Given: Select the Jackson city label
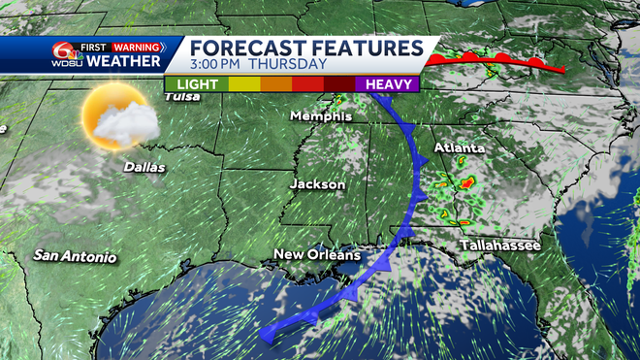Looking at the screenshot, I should coord(317,183).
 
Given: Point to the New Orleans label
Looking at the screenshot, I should coord(316,255).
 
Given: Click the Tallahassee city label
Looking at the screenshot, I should coord(499,245).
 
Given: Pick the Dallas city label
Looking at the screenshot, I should coord(144,167).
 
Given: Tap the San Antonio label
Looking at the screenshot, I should coord(75,257).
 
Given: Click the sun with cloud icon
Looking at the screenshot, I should coord(118,118).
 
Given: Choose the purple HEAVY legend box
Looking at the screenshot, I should coord(390,84).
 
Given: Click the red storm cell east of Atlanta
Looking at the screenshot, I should coord(467,181).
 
